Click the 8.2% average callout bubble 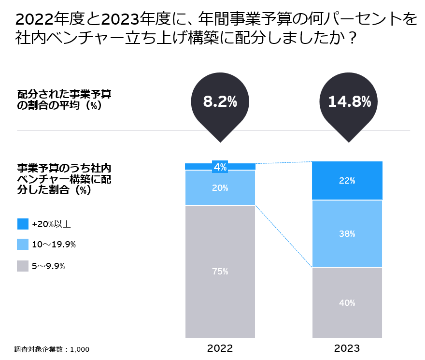[x=220, y=102]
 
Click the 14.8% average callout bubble [x=349, y=102]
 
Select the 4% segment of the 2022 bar [x=220, y=167]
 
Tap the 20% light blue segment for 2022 [x=220, y=188]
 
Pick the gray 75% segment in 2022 [x=220, y=271]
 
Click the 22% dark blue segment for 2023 [x=347, y=181]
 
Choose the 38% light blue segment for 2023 [x=347, y=234]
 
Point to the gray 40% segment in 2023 [x=347, y=302]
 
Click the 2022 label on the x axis [x=220, y=348]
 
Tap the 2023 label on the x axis [x=347, y=348]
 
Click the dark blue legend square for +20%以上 [x=23, y=224]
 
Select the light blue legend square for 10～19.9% [x=23, y=245]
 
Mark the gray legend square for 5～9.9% [x=23, y=265]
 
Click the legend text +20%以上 [x=52, y=224]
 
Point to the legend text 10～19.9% [x=54, y=245]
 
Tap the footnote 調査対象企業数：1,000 [x=52, y=349]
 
